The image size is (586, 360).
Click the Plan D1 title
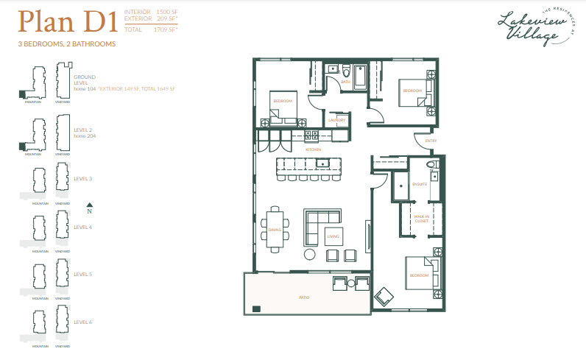point(68,21)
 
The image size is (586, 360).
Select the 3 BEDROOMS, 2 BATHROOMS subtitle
point(67,44)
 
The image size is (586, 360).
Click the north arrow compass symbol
point(89,207)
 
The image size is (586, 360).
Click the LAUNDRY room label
point(337,120)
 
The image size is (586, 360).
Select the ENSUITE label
point(420,184)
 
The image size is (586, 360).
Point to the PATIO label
point(303,297)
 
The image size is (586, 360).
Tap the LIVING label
point(333,236)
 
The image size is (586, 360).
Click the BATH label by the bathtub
point(345,82)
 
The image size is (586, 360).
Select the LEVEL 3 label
point(83,179)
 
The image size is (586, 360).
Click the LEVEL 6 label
point(83,322)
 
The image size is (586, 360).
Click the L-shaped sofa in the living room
point(322,219)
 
